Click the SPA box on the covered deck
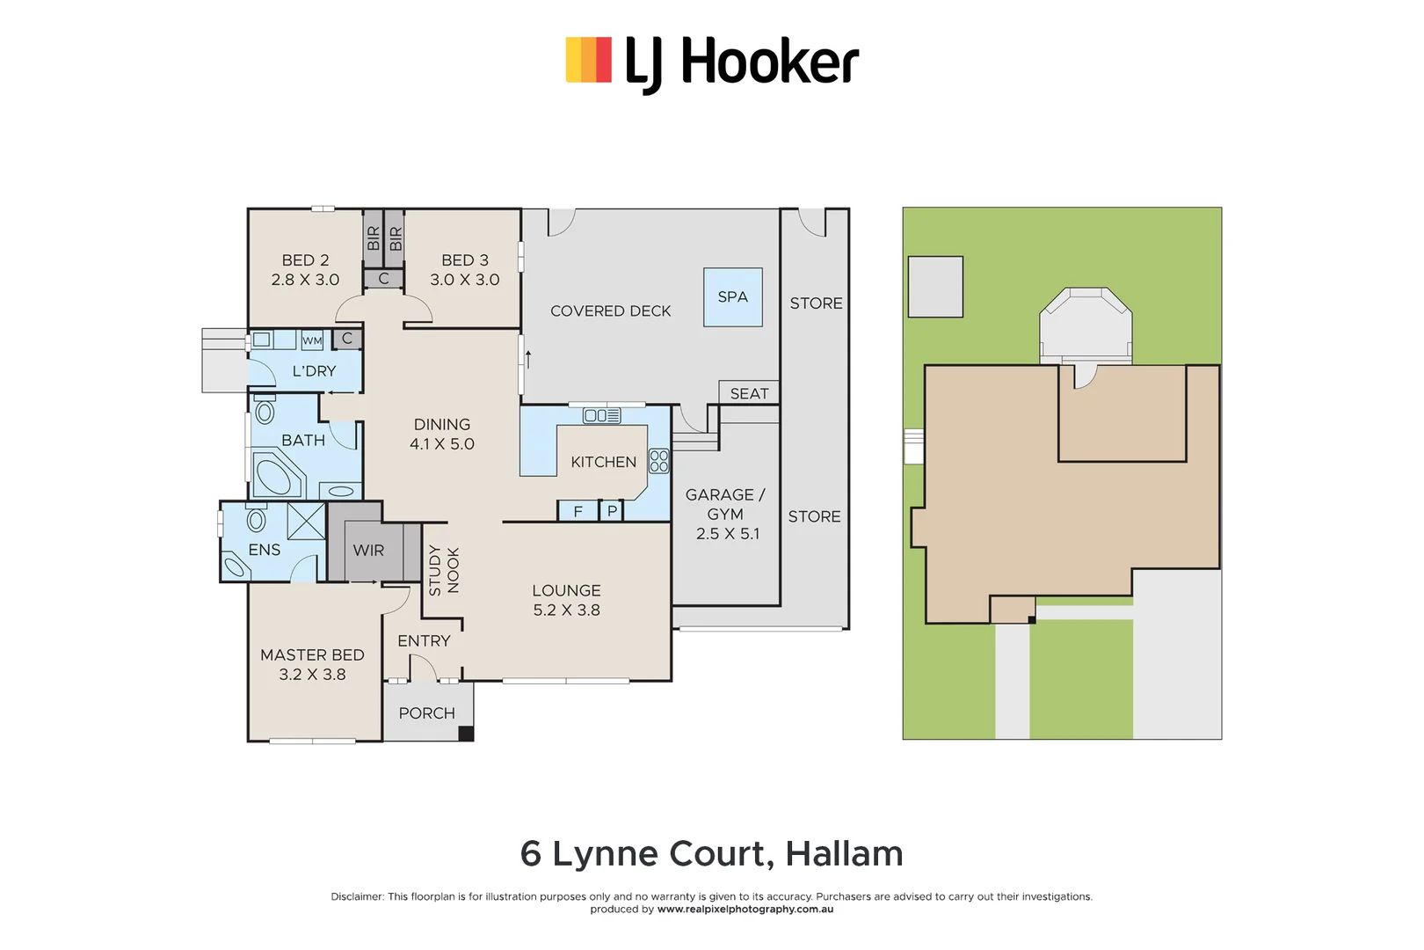[x=732, y=297]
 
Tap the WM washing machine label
[x=312, y=340]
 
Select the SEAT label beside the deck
[x=749, y=393]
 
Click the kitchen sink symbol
[x=602, y=415]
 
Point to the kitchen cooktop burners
[x=658, y=461]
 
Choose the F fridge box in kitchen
[x=578, y=511]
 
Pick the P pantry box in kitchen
[x=612, y=511]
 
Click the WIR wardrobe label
[x=368, y=551]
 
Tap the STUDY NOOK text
[x=444, y=570]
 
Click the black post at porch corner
[x=466, y=734]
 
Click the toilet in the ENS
[x=256, y=519]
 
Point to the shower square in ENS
[x=306, y=521]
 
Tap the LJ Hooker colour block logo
[x=588, y=60]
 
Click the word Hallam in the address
[x=844, y=854]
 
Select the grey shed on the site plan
[x=935, y=287]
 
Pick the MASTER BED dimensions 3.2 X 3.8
[x=312, y=675]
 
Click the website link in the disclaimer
[x=745, y=910]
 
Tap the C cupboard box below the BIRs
[x=383, y=279]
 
